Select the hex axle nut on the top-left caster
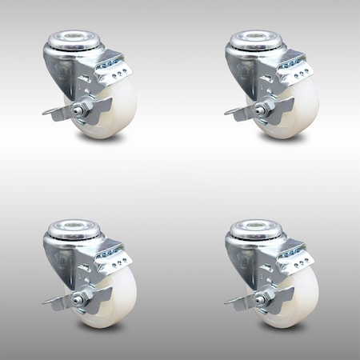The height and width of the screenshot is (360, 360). click(82, 110)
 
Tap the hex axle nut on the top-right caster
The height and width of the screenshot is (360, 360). click(265, 110)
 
